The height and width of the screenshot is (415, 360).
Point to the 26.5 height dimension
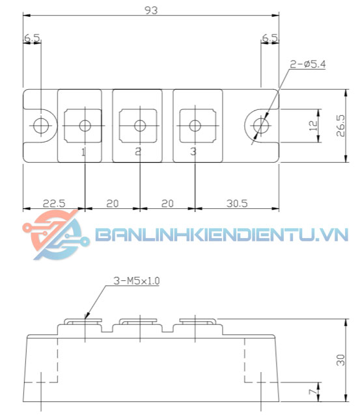[x=340, y=126]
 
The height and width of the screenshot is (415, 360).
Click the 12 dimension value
[x=313, y=124]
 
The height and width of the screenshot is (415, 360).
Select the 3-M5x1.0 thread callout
[x=135, y=281]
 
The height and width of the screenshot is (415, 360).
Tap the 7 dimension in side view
[x=312, y=392]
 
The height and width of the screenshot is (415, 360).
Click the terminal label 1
[x=83, y=152]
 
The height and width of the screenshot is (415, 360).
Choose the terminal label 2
[x=138, y=152]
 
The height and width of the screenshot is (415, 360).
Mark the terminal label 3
[x=193, y=152]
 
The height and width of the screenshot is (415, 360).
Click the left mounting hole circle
[x=41, y=125]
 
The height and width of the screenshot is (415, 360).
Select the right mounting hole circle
[x=261, y=125]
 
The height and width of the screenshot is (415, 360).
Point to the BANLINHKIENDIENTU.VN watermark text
[x=221, y=235]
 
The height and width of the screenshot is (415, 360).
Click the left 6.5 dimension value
[x=32, y=39]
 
